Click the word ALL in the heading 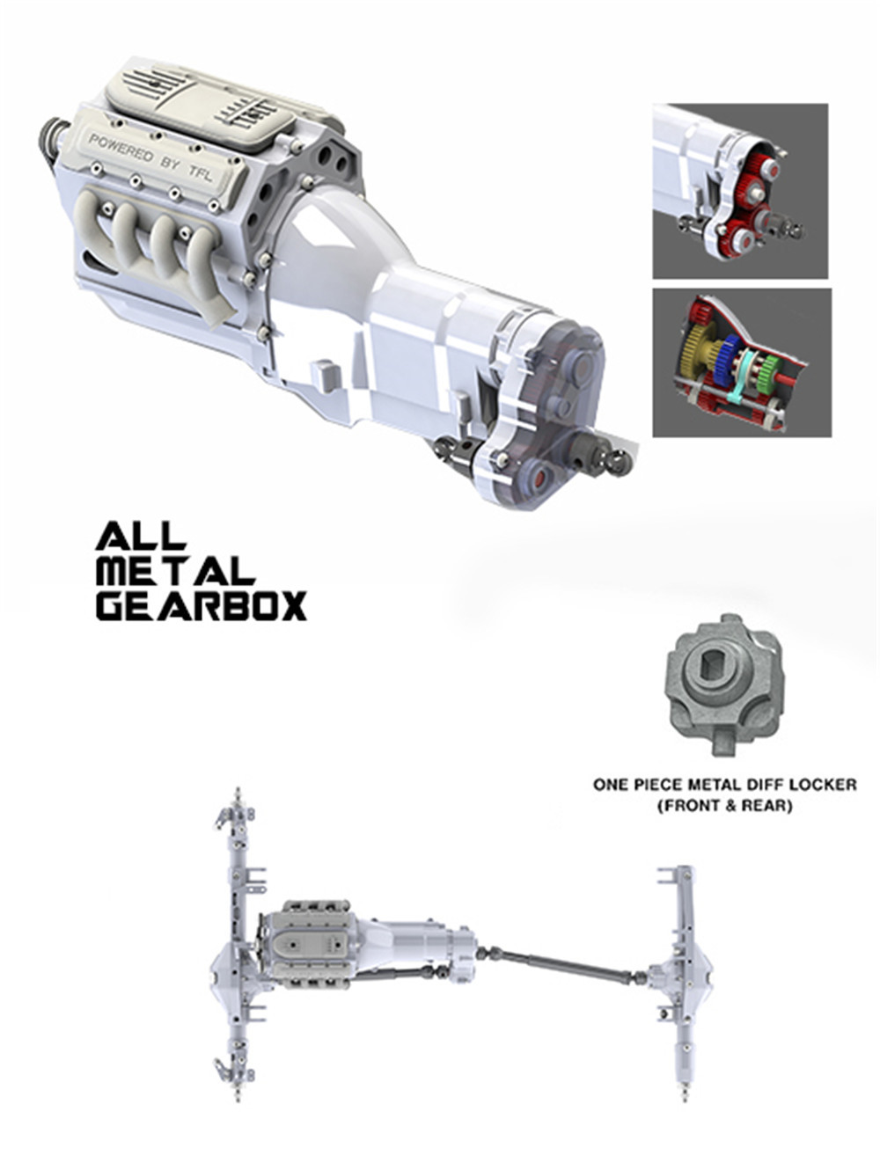click(141, 535)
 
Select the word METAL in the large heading click(176, 571)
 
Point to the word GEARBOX click(202, 606)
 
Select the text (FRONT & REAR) click(724, 806)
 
